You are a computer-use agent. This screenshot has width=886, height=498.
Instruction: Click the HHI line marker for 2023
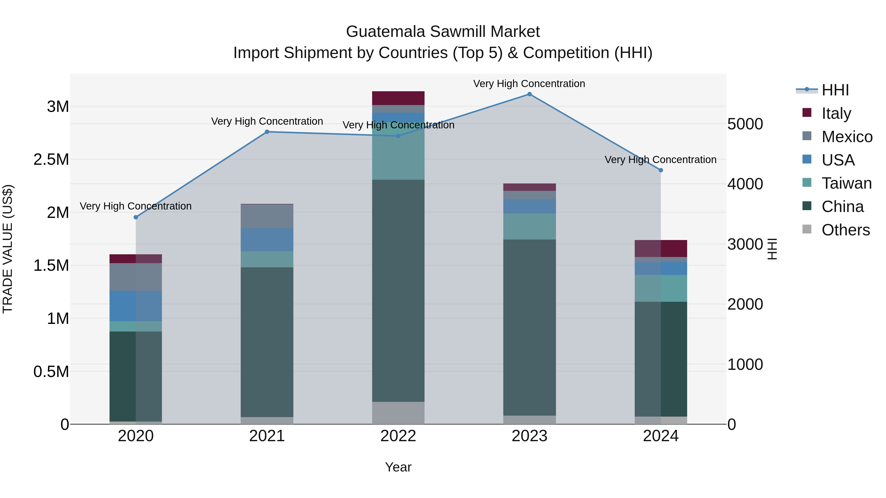[529, 94]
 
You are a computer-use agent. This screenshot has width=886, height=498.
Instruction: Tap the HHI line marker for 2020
[136, 217]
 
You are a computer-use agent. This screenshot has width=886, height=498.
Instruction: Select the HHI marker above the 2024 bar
[661, 170]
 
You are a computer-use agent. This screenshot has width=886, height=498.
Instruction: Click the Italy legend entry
[836, 113]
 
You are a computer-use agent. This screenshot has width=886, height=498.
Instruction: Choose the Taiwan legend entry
[846, 183]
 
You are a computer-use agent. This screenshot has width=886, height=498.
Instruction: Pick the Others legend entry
[845, 230]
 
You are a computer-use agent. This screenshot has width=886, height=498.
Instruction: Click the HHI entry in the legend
[835, 90]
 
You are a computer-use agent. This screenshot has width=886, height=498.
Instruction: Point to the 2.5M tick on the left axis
[51, 159]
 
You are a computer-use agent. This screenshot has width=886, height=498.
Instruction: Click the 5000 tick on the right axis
[745, 124]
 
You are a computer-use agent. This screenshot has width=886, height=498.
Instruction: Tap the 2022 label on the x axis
[398, 436]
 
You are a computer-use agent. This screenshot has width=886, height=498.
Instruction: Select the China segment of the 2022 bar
[398, 290]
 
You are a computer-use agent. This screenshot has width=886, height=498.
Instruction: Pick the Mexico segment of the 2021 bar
[267, 216]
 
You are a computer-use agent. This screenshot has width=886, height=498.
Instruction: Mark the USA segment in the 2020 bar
[136, 306]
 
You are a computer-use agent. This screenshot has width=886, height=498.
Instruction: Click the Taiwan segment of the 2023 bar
[529, 226]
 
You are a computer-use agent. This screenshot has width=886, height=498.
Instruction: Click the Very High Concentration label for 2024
[660, 160]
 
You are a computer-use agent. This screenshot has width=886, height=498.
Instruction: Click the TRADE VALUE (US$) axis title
[8, 249]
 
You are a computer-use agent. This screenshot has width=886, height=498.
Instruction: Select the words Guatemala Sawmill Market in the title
[443, 32]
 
